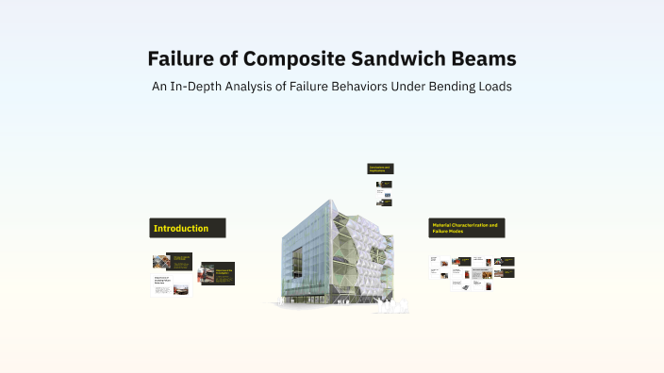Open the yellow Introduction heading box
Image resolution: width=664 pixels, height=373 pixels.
(x=188, y=228)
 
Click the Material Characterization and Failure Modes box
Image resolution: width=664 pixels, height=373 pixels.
(x=467, y=228)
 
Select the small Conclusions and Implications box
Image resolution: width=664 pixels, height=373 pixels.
(x=379, y=169)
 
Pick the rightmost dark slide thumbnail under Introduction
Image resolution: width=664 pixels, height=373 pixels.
(x=217, y=273)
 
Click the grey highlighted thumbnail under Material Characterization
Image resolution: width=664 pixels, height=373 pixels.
(x=482, y=275)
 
